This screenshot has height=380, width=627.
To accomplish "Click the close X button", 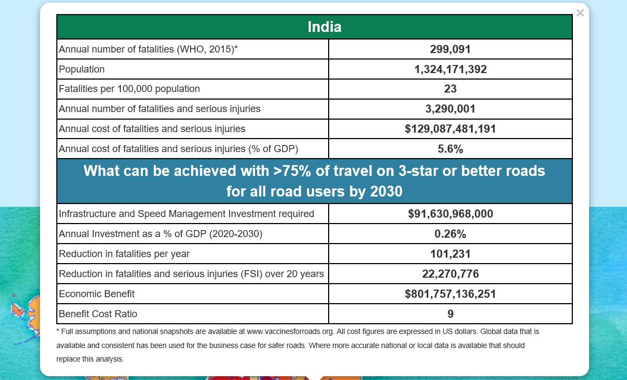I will point(580,13).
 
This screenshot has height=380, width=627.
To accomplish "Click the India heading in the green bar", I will point(324,27).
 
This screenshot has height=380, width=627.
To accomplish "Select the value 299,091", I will point(450,49).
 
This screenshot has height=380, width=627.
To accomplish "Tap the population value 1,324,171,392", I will point(450,69).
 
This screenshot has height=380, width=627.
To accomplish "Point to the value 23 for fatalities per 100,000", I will point(450,89).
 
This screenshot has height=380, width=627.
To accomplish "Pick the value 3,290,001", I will point(450,109).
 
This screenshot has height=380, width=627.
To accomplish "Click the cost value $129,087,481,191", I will point(450,129).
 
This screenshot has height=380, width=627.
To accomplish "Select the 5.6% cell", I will point(450,149).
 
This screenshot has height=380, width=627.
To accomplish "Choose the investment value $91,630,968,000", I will point(450,214).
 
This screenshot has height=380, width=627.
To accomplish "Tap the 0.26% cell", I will point(450,234).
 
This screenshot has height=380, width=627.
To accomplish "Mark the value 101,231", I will point(450,254).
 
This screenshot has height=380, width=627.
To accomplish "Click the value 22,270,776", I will point(450,274).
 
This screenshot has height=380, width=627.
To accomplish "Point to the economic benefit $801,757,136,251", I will point(450,294).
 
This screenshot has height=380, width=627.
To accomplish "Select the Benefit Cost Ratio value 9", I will point(450,314).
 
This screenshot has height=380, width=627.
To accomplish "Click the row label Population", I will point(82,69).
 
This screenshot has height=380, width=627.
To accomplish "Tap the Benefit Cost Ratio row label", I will point(98,314).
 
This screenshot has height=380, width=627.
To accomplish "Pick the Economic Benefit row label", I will point(96,294).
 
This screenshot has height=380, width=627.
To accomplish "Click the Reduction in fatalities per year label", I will point(124,254).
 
